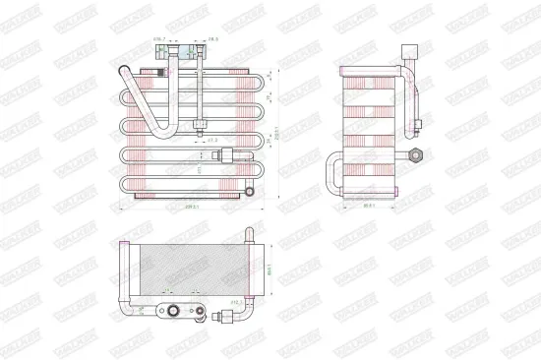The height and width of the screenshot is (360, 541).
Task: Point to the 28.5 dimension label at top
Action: (x=211, y=39)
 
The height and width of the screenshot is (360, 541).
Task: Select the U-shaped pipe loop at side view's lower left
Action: (x=335, y=175)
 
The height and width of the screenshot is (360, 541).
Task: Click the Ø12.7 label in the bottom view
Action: (x=236, y=302)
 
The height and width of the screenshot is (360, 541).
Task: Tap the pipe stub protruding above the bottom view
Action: (x=248, y=232)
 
